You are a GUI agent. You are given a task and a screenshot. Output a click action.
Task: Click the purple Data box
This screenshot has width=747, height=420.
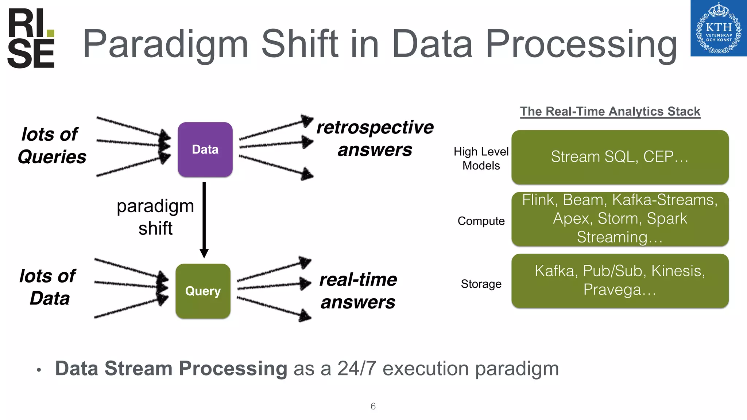tap(205, 149)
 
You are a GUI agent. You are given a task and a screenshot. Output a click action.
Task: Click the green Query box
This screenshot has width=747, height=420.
tap(203, 291)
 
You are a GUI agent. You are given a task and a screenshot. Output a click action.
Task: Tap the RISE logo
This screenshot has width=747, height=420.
tap(31, 39)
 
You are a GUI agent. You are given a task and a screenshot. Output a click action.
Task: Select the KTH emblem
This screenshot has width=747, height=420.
tap(718, 28)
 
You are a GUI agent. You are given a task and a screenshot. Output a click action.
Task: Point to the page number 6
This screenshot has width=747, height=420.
tap(373, 406)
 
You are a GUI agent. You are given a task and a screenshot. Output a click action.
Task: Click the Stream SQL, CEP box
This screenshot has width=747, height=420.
tap(620, 157)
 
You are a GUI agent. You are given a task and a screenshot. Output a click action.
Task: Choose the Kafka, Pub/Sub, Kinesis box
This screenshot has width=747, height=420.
tap(620, 280)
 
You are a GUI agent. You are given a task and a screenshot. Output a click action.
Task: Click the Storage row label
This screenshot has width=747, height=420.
tap(481, 284)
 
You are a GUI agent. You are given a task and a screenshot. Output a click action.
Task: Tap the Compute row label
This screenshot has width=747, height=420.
tap(481, 221)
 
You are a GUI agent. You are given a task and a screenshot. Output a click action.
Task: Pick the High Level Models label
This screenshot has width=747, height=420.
tap(481, 159)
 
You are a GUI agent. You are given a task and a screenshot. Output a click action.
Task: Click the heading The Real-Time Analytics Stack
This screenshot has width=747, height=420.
tap(610, 112)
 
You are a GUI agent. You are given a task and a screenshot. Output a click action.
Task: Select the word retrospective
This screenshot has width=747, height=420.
tap(375, 128)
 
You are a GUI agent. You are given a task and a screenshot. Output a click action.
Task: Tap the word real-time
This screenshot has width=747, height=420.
tap(358, 280)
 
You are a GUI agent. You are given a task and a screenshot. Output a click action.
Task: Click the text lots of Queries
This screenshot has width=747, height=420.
tap(51, 145)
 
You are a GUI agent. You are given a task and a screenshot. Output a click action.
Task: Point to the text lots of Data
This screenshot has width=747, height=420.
tap(48, 287)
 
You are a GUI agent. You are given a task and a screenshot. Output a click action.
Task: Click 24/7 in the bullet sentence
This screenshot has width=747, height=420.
tap(356, 369)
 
